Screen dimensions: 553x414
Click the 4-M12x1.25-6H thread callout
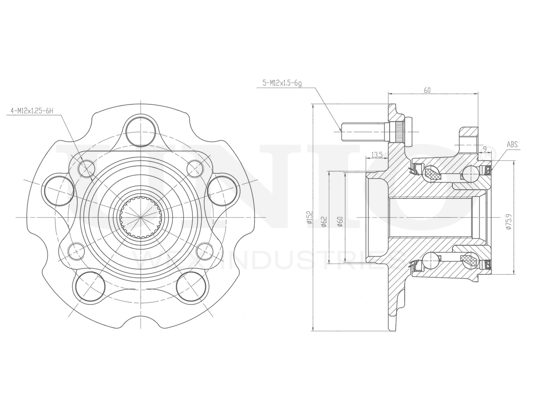pyautogui.click(x=32, y=111)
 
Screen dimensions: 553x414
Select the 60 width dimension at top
pyautogui.click(x=427, y=90)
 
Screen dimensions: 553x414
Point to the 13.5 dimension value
pyautogui.click(x=377, y=155)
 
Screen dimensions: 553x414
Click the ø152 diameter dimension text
pyautogui.click(x=308, y=218)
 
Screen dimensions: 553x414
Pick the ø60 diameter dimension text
pyautogui.click(x=340, y=221)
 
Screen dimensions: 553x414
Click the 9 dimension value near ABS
pyautogui.click(x=485, y=149)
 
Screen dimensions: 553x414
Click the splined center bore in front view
pyautogui.click(x=141, y=216)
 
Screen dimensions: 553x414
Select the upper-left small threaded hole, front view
pyautogui.click(x=87, y=168)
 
